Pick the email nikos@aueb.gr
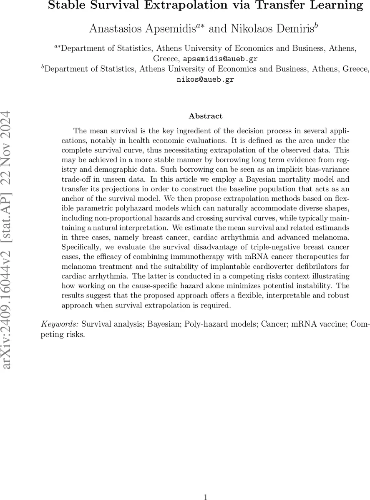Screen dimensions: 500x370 (205, 80)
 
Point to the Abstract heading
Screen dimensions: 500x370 (205, 116)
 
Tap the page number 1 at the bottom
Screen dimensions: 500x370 (205, 496)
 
